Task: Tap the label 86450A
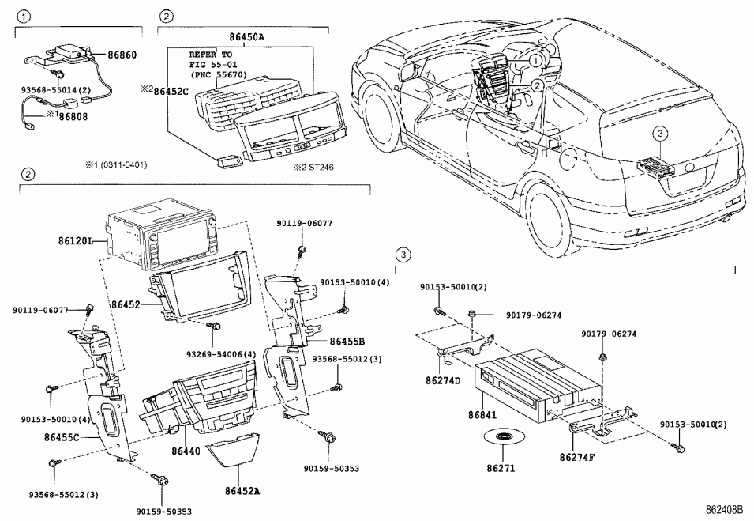click(247, 36)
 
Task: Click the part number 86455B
click(348, 342)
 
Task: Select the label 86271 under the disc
click(500, 468)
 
